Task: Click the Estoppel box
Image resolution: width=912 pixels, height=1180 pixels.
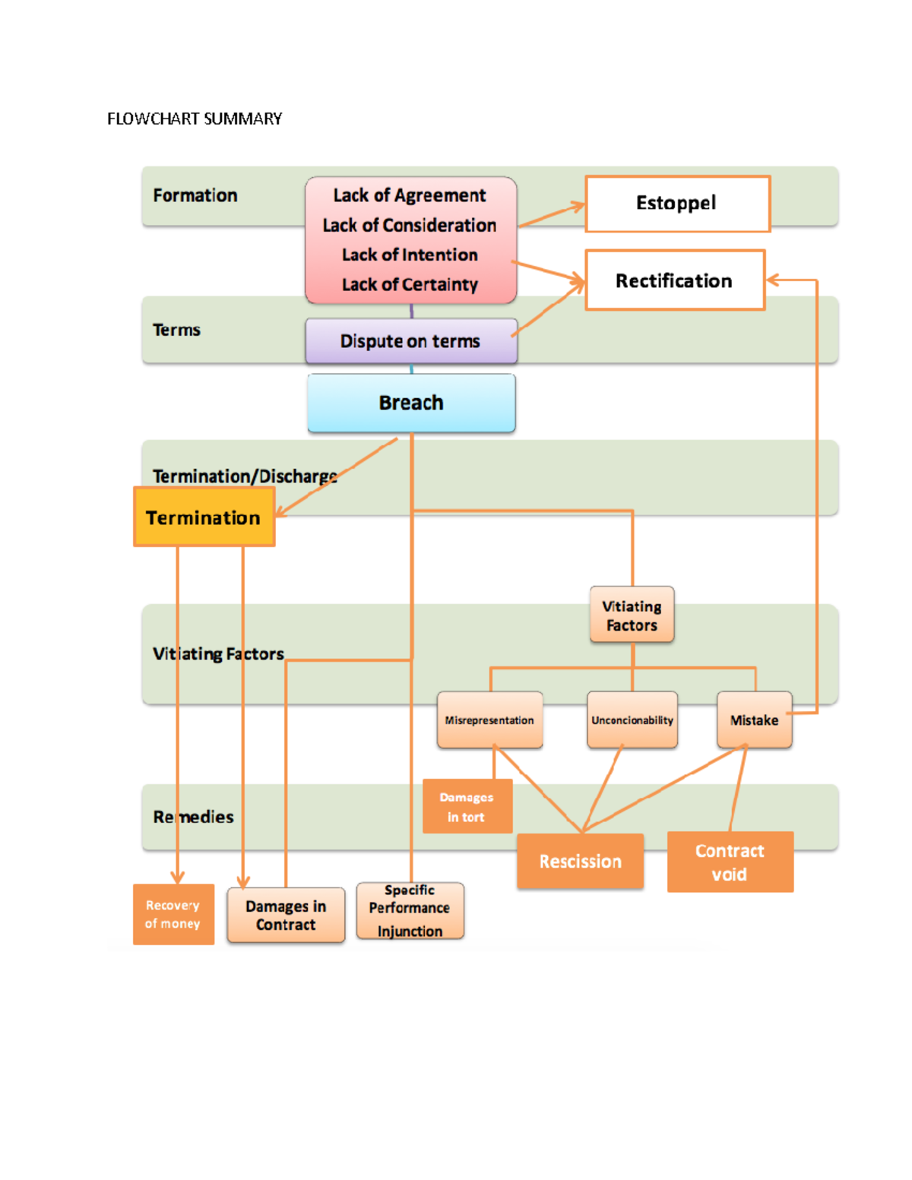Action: coord(677,204)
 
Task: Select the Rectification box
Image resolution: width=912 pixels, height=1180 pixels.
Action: coord(674,280)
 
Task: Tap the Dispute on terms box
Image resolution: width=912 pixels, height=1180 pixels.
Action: coord(410,341)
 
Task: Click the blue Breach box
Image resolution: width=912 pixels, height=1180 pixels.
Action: coord(411,403)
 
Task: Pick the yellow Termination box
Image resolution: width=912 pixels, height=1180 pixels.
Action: coord(204,517)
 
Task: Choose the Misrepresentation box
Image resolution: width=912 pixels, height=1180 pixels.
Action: coord(489,720)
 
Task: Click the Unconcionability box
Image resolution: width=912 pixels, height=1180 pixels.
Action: coord(632,720)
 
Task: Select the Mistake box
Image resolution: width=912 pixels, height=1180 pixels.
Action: coord(754,720)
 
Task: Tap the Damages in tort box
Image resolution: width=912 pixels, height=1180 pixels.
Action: coord(467,807)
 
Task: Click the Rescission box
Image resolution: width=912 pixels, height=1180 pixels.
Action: coord(580,861)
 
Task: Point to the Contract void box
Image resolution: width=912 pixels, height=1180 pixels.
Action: coord(730,862)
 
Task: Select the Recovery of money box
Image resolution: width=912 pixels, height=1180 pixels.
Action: coord(173,914)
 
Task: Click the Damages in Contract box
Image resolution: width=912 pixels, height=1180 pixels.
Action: coord(286,915)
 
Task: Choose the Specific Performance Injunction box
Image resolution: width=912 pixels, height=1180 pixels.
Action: coord(410,910)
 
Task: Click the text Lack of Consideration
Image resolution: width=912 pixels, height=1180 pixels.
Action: coord(410,225)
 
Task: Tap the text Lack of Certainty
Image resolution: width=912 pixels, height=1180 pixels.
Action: coord(410,284)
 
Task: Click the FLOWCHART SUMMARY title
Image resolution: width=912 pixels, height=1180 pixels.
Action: coord(195,119)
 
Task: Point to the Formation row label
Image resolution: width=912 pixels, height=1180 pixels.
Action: coord(195,195)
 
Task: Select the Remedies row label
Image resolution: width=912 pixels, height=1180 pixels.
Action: coord(193,817)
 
